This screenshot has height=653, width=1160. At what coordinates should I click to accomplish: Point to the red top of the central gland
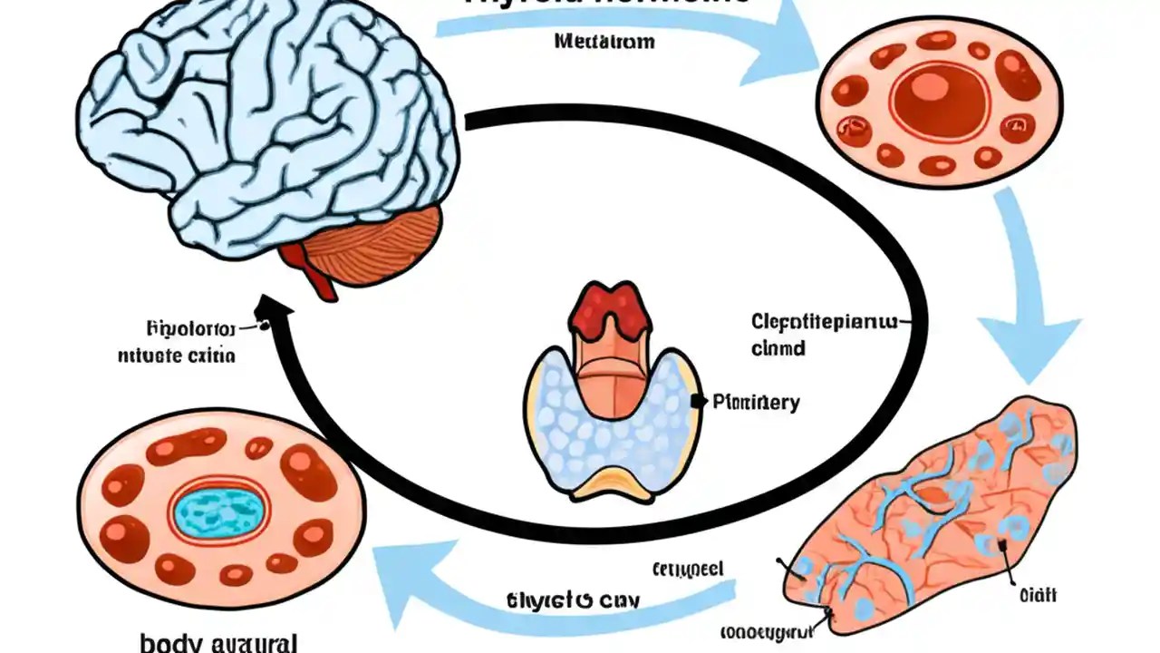coord(612,308)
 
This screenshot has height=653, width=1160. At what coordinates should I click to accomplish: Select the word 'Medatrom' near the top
coord(604,42)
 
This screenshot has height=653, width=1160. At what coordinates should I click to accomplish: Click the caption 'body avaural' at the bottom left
coord(218,643)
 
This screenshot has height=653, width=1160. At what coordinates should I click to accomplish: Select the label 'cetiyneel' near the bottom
coord(688,569)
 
